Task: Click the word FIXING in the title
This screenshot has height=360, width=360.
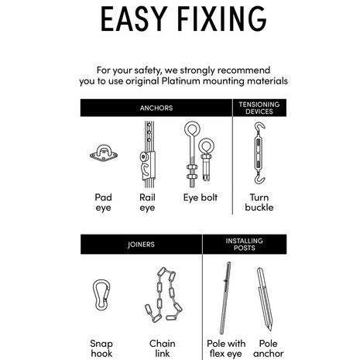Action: point(222,19)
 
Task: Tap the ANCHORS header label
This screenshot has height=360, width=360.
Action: point(156,108)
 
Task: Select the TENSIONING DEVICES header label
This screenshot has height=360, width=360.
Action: point(259,108)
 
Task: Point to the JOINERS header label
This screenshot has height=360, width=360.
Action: point(141,245)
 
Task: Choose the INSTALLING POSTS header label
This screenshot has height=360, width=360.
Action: point(244,245)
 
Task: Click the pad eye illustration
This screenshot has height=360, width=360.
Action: point(104,153)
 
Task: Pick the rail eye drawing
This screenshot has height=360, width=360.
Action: point(148,154)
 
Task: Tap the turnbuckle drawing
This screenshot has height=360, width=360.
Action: point(259,153)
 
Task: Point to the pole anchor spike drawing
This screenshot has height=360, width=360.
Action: point(265,300)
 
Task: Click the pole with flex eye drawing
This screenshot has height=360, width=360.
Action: point(225,298)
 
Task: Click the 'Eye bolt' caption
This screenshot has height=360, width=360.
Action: point(201,197)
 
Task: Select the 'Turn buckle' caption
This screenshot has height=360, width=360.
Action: point(259,202)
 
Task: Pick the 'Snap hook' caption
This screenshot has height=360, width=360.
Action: point(101,348)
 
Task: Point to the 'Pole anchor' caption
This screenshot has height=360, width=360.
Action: point(269,348)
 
